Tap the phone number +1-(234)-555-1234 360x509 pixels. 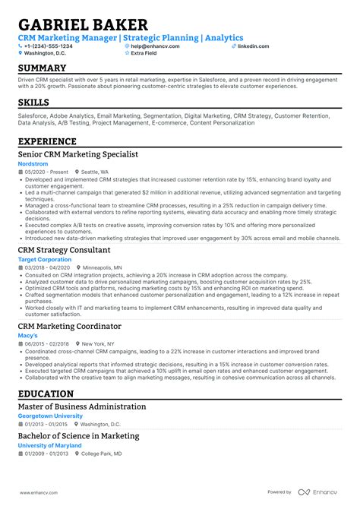click(x=48, y=46)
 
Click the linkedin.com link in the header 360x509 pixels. click(x=253, y=46)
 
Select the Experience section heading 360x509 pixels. click(x=47, y=141)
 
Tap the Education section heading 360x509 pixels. click(x=46, y=394)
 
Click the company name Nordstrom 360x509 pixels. click(x=33, y=163)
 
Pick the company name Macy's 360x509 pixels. click(x=28, y=335)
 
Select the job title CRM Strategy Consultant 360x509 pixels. click(x=64, y=250)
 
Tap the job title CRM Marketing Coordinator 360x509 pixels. click(x=69, y=326)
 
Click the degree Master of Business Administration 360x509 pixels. click(x=82, y=406)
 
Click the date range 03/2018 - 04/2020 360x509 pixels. click(x=49, y=267)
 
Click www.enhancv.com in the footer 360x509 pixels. click(x=38, y=492)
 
